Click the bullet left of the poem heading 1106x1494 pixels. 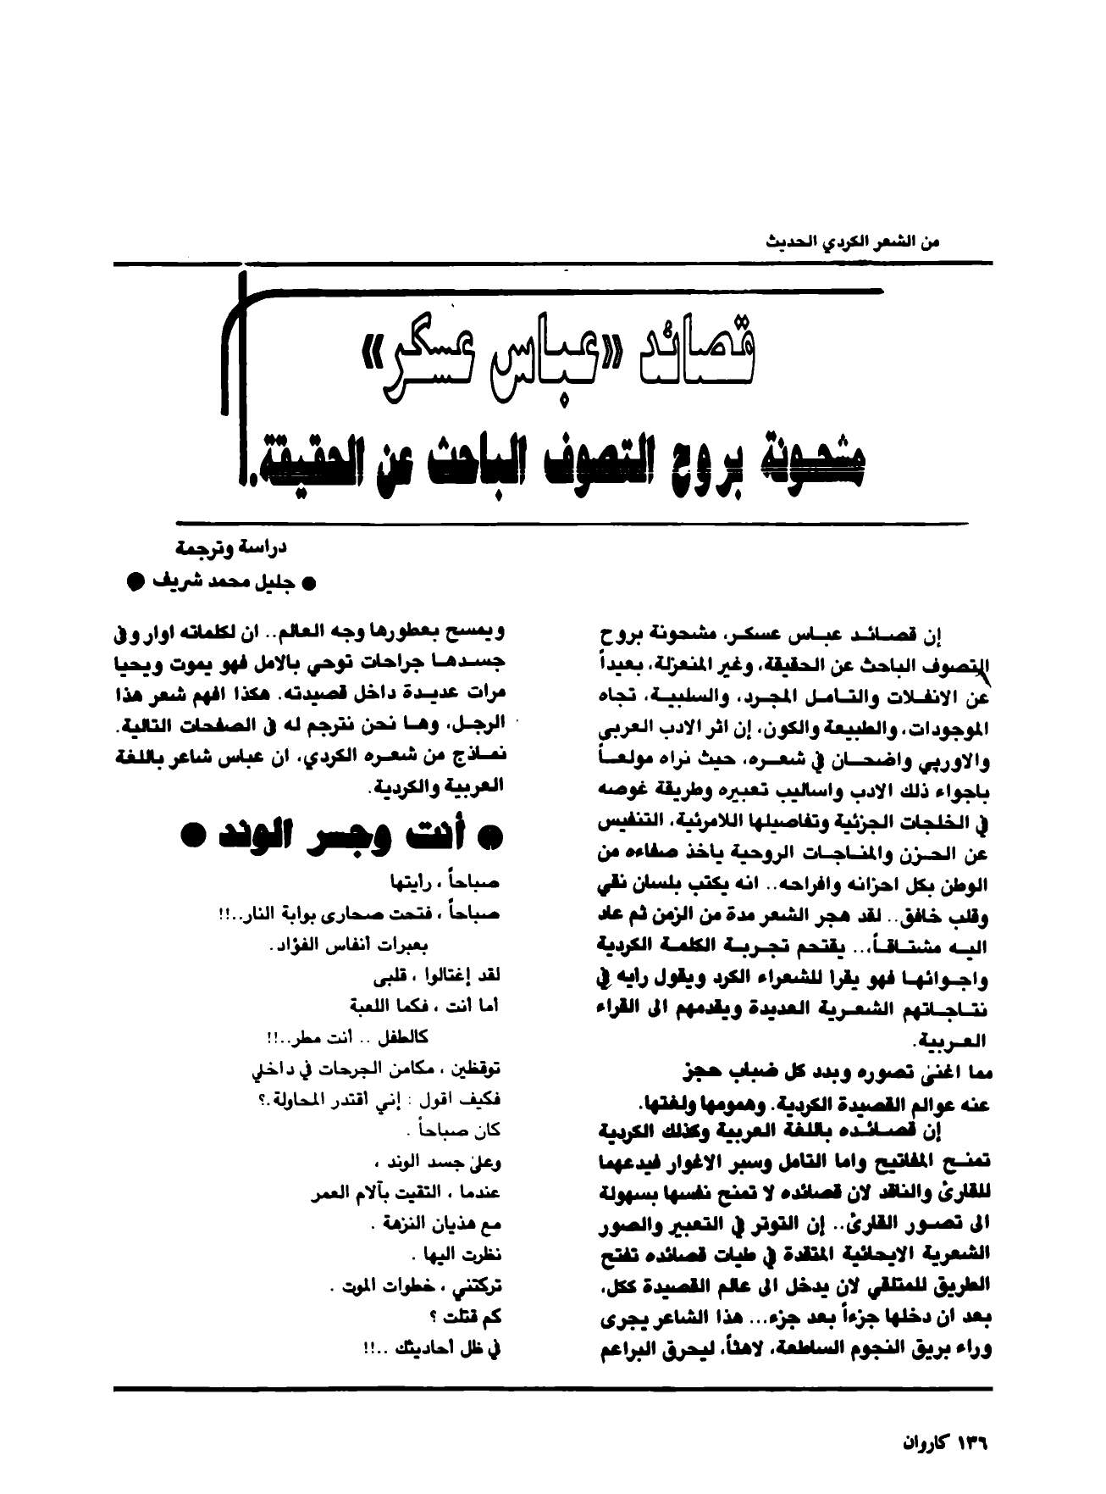coord(192,836)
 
